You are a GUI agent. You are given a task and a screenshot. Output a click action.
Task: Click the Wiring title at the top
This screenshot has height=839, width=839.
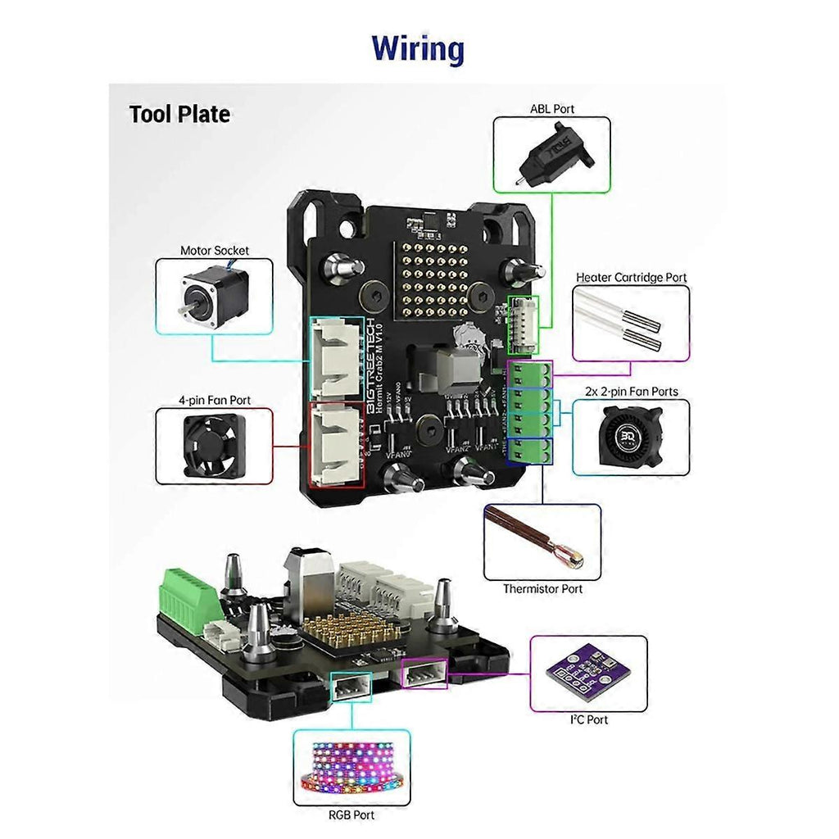(x=418, y=48)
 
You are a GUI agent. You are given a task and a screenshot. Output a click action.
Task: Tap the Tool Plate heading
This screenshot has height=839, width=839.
(x=179, y=114)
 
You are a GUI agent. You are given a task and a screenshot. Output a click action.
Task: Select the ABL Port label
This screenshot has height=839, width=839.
(x=551, y=108)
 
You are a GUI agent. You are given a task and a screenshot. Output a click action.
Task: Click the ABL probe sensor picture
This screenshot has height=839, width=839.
(x=548, y=155)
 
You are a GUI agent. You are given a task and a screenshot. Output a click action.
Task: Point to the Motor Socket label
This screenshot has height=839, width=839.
(x=215, y=250)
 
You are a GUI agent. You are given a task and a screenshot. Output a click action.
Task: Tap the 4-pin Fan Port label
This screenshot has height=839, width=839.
(x=215, y=400)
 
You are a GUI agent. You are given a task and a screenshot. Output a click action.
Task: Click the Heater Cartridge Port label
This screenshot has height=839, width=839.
(x=631, y=278)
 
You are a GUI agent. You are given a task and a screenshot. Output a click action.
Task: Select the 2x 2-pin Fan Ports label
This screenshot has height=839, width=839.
(x=631, y=392)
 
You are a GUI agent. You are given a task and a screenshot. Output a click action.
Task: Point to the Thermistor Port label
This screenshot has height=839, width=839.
(x=542, y=588)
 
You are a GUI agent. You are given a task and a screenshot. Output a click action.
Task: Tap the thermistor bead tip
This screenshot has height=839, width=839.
(x=570, y=557)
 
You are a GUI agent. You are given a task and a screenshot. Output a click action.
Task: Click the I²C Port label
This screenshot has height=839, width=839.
(x=588, y=719)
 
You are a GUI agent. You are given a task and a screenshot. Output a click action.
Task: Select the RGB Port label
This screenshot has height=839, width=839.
(x=351, y=814)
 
